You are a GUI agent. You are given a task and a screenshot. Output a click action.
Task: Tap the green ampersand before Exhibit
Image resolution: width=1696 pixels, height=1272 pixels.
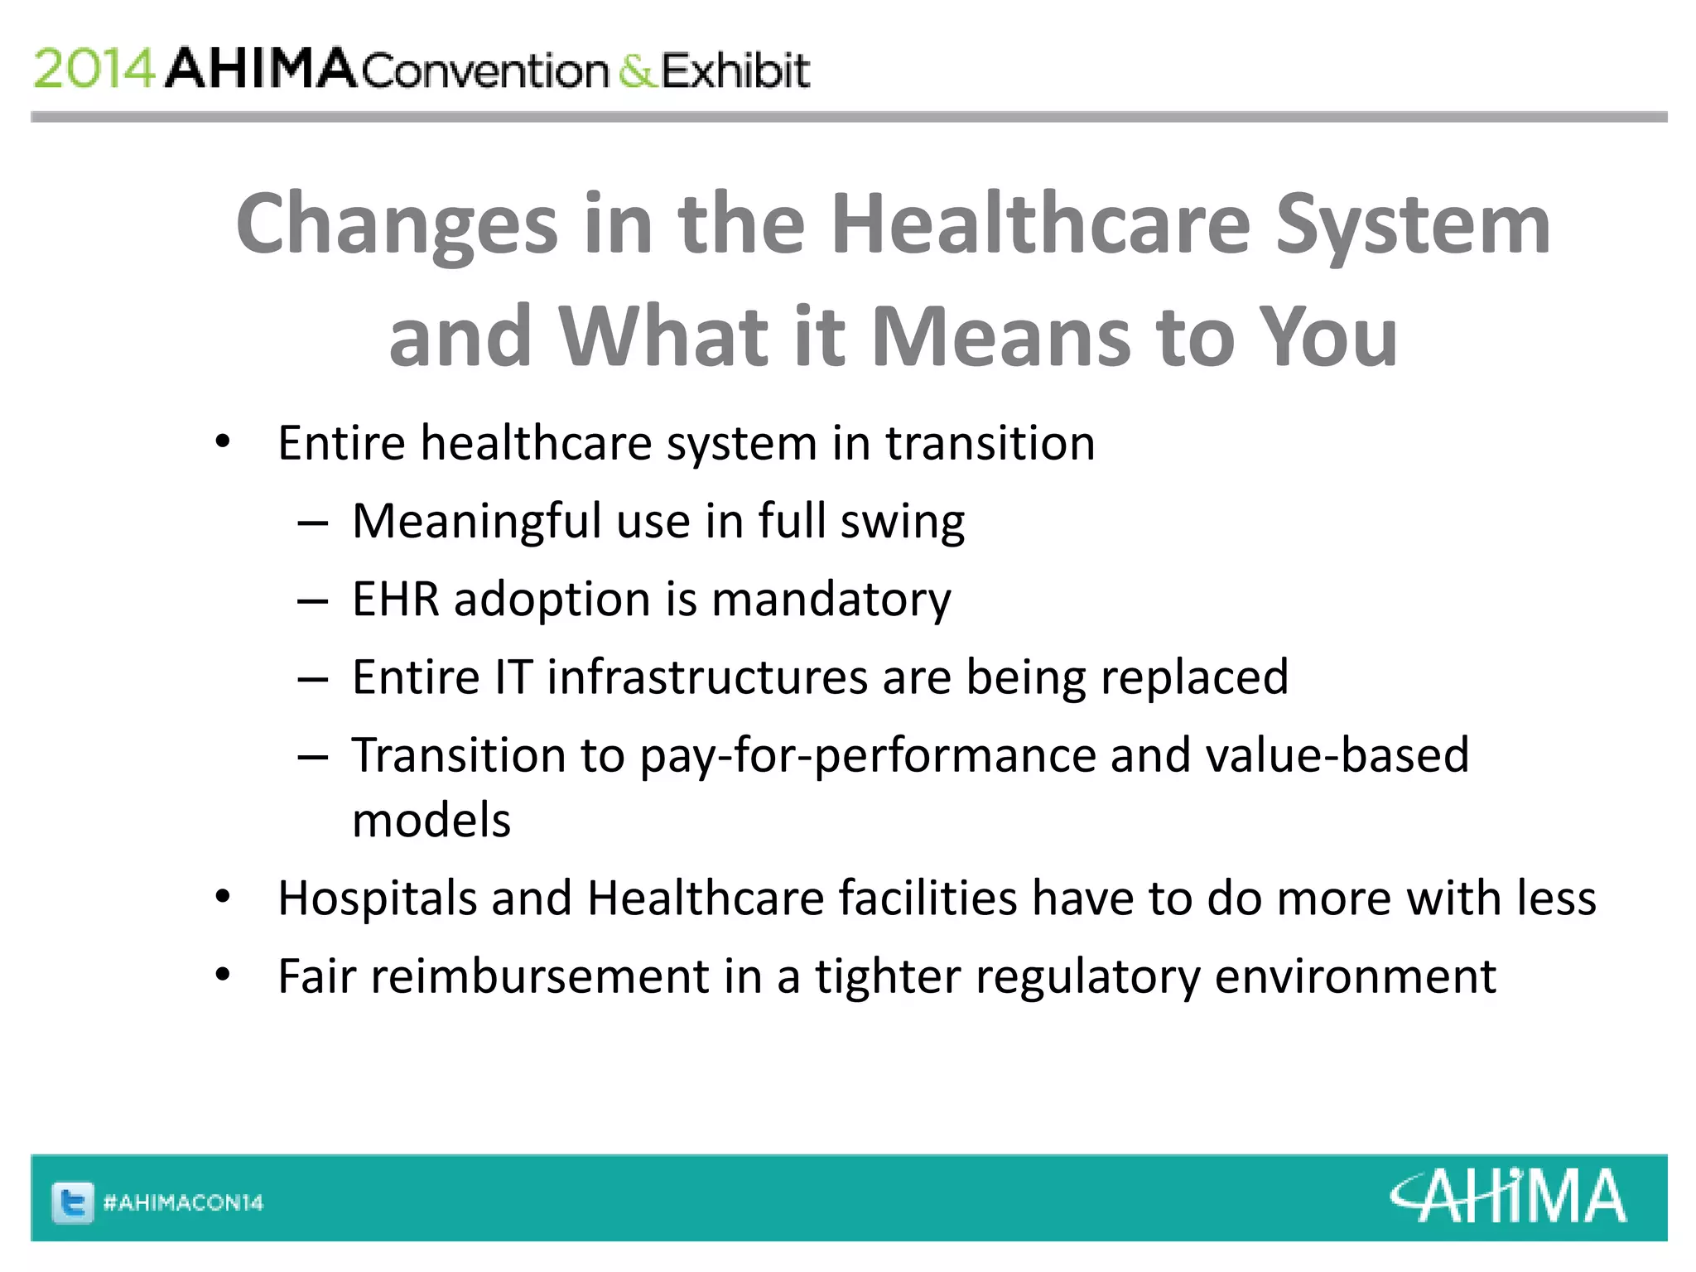click(x=636, y=71)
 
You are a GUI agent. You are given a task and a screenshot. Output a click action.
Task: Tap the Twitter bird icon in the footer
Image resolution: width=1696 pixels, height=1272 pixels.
click(x=73, y=1202)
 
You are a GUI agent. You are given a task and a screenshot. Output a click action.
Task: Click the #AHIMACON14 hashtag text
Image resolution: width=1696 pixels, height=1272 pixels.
click(x=183, y=1202)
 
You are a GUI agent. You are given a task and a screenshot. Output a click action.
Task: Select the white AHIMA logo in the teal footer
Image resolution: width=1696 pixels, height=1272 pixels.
click(x=1507, y=1197)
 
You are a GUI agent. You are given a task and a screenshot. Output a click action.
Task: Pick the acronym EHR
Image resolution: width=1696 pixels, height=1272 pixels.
click(x=395, y=599)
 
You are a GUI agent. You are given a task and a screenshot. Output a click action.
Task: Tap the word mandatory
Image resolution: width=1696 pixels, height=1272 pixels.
click(x=831, y=599)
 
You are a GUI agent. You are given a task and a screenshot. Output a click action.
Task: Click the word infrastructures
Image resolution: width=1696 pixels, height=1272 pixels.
click(x=707, y=677)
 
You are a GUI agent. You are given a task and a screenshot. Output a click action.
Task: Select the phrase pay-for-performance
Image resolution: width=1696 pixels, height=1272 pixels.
click(x=867, y=755)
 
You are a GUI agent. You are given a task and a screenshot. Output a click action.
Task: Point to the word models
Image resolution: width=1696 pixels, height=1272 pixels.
click(x=431, y=821)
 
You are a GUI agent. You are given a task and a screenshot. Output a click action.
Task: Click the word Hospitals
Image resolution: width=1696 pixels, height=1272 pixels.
click(x=377, y=899)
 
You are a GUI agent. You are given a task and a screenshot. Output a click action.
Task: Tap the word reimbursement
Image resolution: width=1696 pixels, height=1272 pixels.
click(x=539, y=976)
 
